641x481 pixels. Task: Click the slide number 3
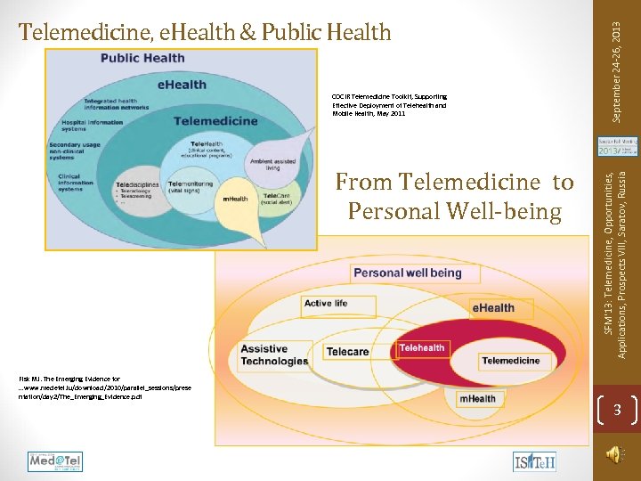pos(616,411)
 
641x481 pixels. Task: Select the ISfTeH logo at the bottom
pos(534,461)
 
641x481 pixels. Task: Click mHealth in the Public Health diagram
pos(234,199)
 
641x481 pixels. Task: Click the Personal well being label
pos(408,272)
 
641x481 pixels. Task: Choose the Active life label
pos(326,303)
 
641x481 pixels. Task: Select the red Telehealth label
pos(421,348)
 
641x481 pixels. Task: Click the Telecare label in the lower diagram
pos(347,351)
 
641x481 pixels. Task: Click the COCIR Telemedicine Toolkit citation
pos(389,105)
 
